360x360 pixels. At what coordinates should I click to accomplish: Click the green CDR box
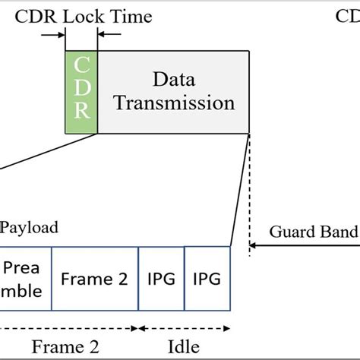82,92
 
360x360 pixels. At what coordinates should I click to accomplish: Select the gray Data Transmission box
173,92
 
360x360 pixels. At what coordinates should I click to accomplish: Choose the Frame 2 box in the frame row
95,279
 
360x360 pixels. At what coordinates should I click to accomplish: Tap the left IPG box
161,279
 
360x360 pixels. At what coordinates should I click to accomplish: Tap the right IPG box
207,279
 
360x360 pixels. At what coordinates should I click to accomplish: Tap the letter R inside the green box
82,114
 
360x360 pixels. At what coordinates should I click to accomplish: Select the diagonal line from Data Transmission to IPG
240,190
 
